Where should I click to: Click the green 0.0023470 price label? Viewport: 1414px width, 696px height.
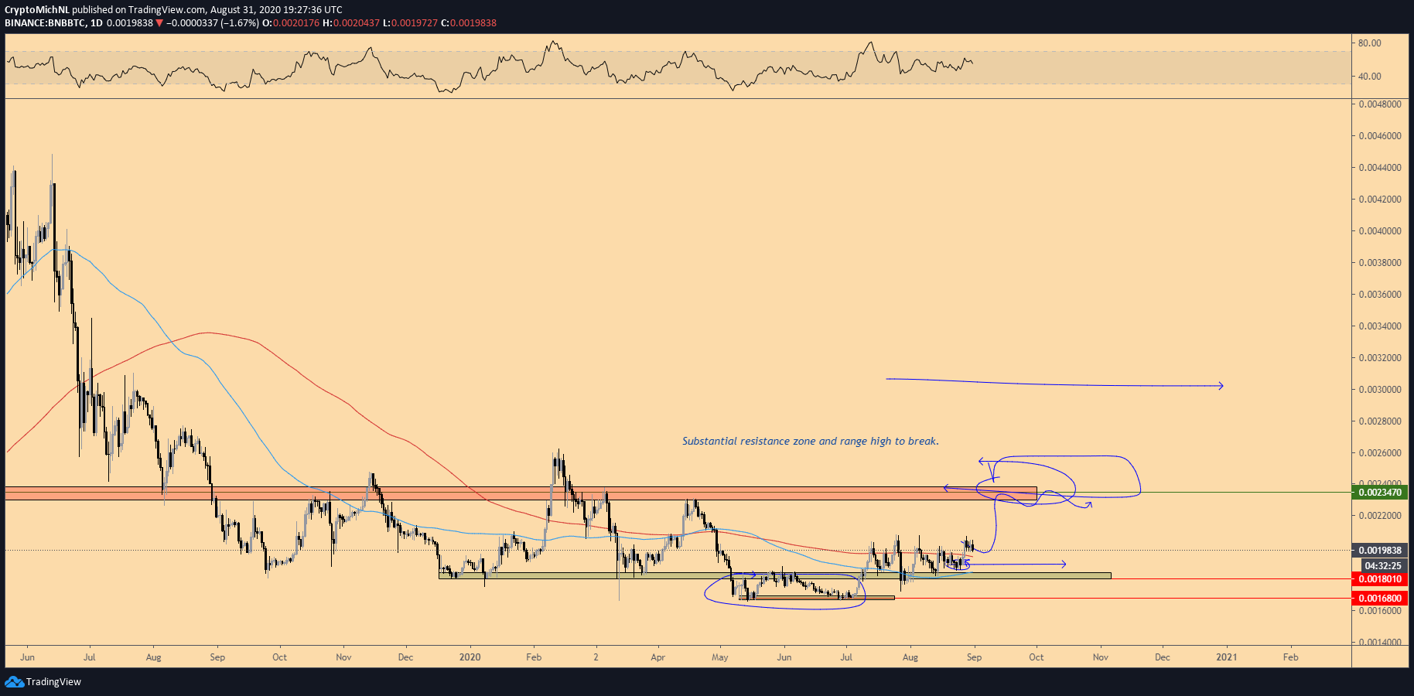pos(1380,492)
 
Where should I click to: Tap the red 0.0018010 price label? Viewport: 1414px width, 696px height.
pos(1380,579)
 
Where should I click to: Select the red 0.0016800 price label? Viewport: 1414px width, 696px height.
pos(1380,598)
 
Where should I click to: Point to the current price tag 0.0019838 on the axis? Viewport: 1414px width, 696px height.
pos(1380,551)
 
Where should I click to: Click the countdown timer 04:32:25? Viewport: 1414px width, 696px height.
pos(1382,565)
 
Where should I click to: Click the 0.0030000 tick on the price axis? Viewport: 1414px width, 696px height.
pos(1379,390)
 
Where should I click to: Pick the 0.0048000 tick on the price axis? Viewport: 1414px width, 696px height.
pos(1379,104)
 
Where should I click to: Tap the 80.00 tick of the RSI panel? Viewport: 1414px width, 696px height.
pos(1369,43)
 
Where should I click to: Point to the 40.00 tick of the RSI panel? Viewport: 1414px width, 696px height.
pos(1369,77)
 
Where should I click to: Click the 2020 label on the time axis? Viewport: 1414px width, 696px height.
pos(470,657)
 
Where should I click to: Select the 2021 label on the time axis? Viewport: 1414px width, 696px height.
pos(1226,657)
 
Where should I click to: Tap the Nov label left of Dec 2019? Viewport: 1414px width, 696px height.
pos(343,657)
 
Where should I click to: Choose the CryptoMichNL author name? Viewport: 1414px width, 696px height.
pos(36,10)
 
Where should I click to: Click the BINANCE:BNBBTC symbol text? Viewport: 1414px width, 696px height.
pos(45,23)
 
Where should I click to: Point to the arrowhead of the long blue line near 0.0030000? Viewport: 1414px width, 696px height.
pos(1221,385)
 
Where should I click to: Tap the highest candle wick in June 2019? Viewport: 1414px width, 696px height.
pos(52,155)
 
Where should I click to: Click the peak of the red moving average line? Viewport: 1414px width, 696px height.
pos(206,333)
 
